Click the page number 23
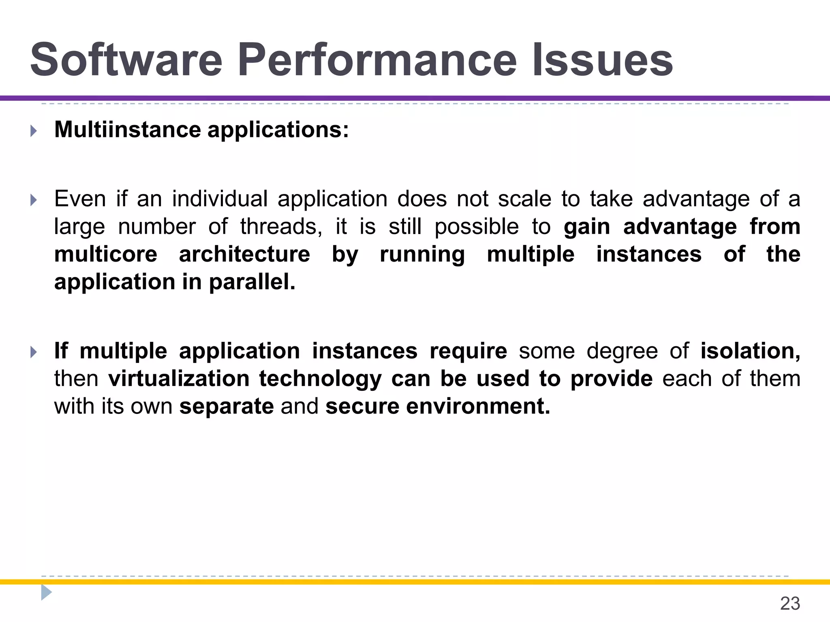click(790, 604)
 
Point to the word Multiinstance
click(127, 130)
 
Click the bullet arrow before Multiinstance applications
click(34, 131)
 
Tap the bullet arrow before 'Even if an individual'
click(34, 200)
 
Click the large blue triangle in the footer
click(46, 592)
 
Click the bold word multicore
click(106, 254)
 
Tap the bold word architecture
click(244, 254)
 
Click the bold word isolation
click(750, 351)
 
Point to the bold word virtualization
click(179, 379)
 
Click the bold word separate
click(227, 406)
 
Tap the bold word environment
click(478, 406)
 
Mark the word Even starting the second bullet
click(80, 199)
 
